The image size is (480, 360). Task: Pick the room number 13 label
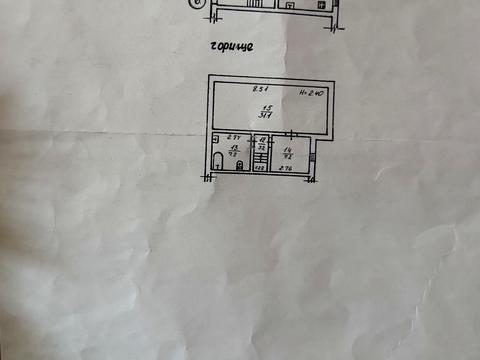click(x=233, y=147)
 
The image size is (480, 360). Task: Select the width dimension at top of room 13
click(x=231, y=137)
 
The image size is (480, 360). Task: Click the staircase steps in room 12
click(x=260, y=158)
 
